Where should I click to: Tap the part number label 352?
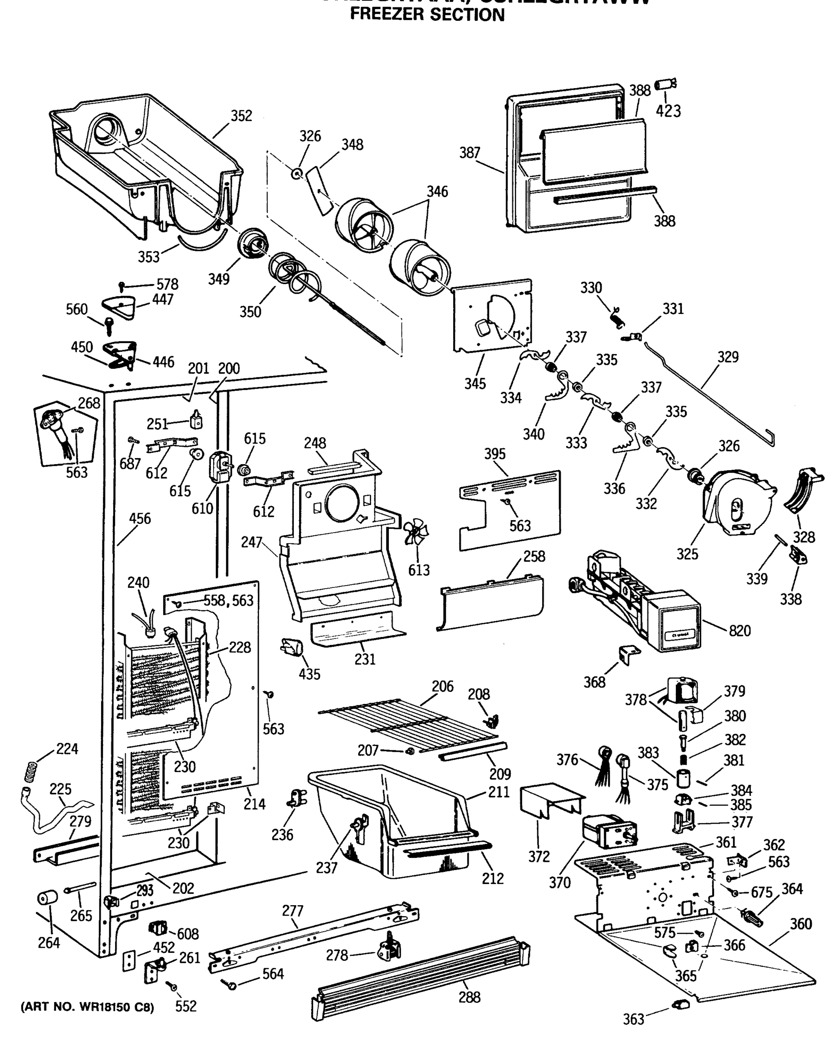pyautogui.click(x=241, y=116)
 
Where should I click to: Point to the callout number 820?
pyautogui.click(x=739, y=631)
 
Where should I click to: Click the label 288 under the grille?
pyautogui.click(x=469, y=997)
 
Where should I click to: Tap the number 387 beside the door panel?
pyautogui.click(x=469, y=153)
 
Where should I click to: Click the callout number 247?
pyautogui.click(x=251, y=542)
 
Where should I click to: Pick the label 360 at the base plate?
pyautogui.click(x=800, y=923)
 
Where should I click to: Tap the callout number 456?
pyautogui.click(x=140, y=519)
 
